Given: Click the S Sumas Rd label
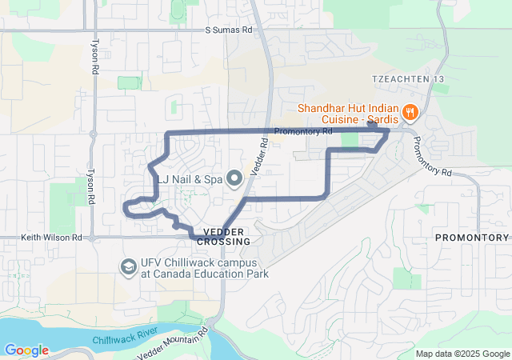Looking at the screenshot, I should (x=228, y=30).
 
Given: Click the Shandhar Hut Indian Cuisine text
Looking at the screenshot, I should (x=349, y=113).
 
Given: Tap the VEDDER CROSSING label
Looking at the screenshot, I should (x=223, y=236).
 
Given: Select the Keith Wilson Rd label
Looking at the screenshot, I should (x=50, y=238).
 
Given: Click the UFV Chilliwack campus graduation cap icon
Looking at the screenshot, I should (x=127, y=266).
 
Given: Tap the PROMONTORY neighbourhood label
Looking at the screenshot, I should (x=472, y=238).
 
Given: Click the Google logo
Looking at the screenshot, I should (x=26, y=350).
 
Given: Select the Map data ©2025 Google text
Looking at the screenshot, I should (x=462, y=354).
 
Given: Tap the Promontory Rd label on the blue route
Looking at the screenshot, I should (x=302, y=131).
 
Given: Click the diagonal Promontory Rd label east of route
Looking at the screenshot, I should (x=432, y=156).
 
